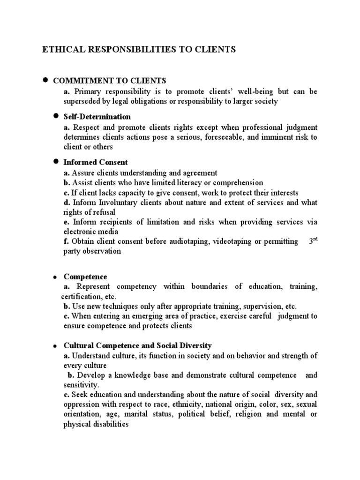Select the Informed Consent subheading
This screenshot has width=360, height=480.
tap(96, 162)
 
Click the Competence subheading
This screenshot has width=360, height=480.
tap(85, 277)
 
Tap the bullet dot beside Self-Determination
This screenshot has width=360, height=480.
tap(55, 116)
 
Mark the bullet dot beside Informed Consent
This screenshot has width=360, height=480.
tap(55, 162)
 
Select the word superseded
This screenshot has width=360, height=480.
tap(82, 101)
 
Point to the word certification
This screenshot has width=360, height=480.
tap(80, 297)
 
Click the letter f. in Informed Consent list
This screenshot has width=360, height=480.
tap(67, 241)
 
